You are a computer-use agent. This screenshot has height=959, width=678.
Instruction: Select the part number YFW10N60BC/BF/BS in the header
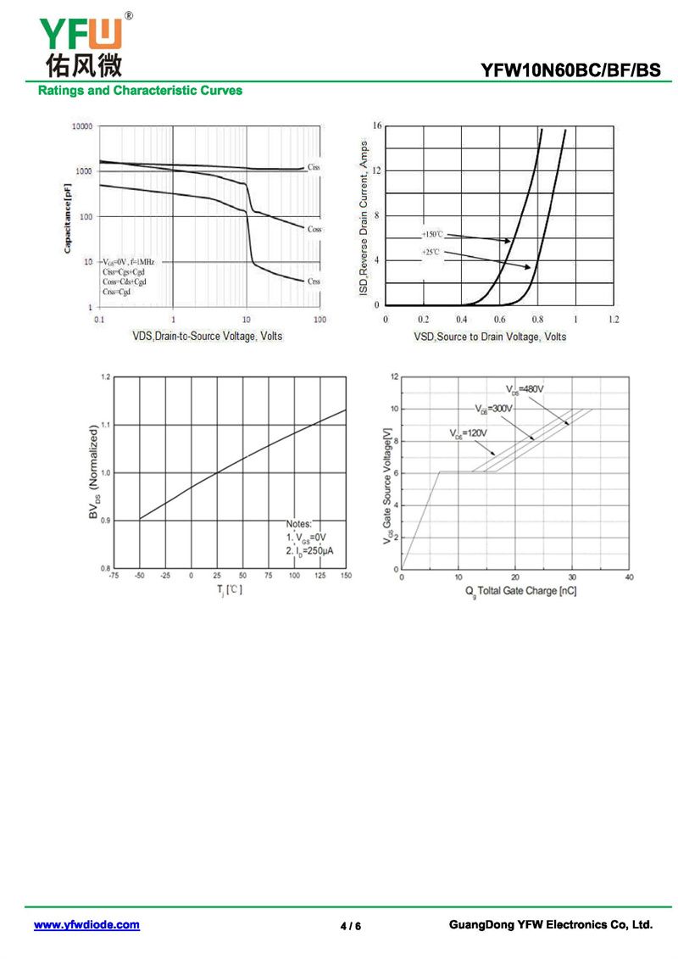[x=570, y=71]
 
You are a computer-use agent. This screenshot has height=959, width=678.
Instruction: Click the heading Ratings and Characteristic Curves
[x=140, y=91]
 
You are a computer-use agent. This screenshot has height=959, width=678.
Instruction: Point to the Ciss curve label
[x=314, y=167]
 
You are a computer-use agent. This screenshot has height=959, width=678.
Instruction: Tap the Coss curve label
[x=314, y=229]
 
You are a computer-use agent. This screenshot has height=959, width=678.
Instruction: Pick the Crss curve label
[x=314, y=281]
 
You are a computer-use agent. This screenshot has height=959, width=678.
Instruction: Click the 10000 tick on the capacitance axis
[x=81, y=126]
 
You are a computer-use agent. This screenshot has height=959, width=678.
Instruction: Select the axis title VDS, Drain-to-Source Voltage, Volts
[x=208, y=337]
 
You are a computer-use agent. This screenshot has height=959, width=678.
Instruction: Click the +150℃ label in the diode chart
[x=432, y=233]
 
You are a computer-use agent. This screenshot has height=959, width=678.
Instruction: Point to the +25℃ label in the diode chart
[x=431, y=253]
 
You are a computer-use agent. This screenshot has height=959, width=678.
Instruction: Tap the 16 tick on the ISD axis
[x=377, y=126]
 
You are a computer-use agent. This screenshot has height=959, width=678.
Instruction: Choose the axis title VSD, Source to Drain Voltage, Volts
[x=490, y=337]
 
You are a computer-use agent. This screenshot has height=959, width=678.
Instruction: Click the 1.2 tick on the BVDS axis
[x=105, y=376]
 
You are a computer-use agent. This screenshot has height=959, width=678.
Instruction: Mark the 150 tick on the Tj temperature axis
[x=346, y=577]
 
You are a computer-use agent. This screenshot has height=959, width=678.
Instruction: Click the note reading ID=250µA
[x=309, y=551]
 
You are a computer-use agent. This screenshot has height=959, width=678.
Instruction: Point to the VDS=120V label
[x=468, y=433]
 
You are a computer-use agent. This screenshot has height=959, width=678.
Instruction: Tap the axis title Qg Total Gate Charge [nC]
[x=520, y=590]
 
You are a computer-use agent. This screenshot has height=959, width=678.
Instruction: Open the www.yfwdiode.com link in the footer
[x=86, y=925]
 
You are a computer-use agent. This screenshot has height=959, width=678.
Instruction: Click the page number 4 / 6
[x=351, y=926]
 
